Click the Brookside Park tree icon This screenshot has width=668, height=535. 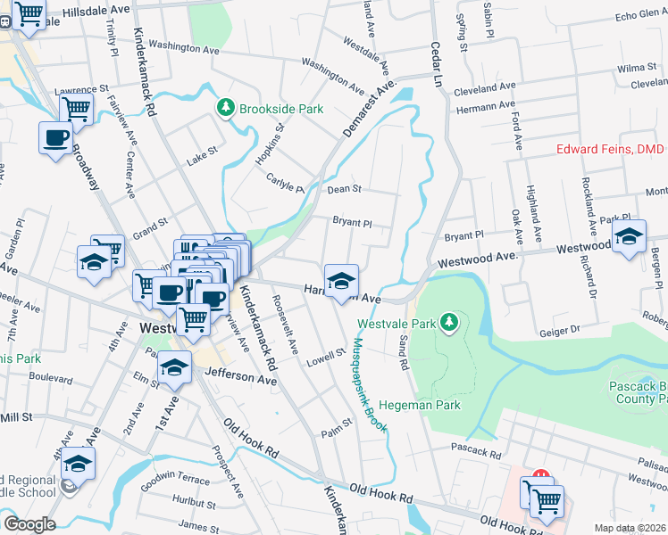(226, 109)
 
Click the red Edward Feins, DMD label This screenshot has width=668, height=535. (611, 150)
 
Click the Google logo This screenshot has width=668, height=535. (29, 523)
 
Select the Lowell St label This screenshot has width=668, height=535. (326, 358)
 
